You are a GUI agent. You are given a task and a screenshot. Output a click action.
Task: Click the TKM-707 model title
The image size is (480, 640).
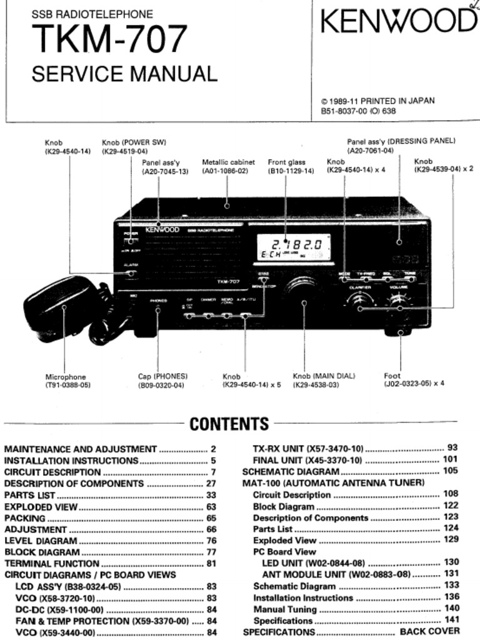[x=109, y=39]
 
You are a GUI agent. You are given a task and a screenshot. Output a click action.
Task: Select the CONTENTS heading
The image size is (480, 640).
[x=229, y=424]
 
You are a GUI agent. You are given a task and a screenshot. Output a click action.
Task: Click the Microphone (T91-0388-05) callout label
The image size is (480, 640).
[x=67, y=381]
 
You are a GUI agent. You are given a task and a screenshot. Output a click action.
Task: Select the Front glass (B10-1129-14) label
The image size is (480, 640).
[x=291, y=166]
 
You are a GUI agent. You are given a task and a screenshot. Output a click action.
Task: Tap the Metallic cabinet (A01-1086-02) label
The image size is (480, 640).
[x=228, y=166]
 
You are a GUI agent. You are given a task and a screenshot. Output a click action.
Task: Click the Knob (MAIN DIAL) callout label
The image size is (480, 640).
[x=324, y=381]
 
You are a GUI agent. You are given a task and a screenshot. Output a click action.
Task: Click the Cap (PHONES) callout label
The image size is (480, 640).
[x=162, y=381]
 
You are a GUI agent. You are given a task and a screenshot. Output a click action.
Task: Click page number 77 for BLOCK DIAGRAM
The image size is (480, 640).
[x=211, y=552]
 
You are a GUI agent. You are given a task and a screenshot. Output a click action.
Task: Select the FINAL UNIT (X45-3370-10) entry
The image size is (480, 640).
[x=307, y=461]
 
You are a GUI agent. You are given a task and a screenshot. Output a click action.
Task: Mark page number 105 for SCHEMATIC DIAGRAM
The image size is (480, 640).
[x=450, y=471]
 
